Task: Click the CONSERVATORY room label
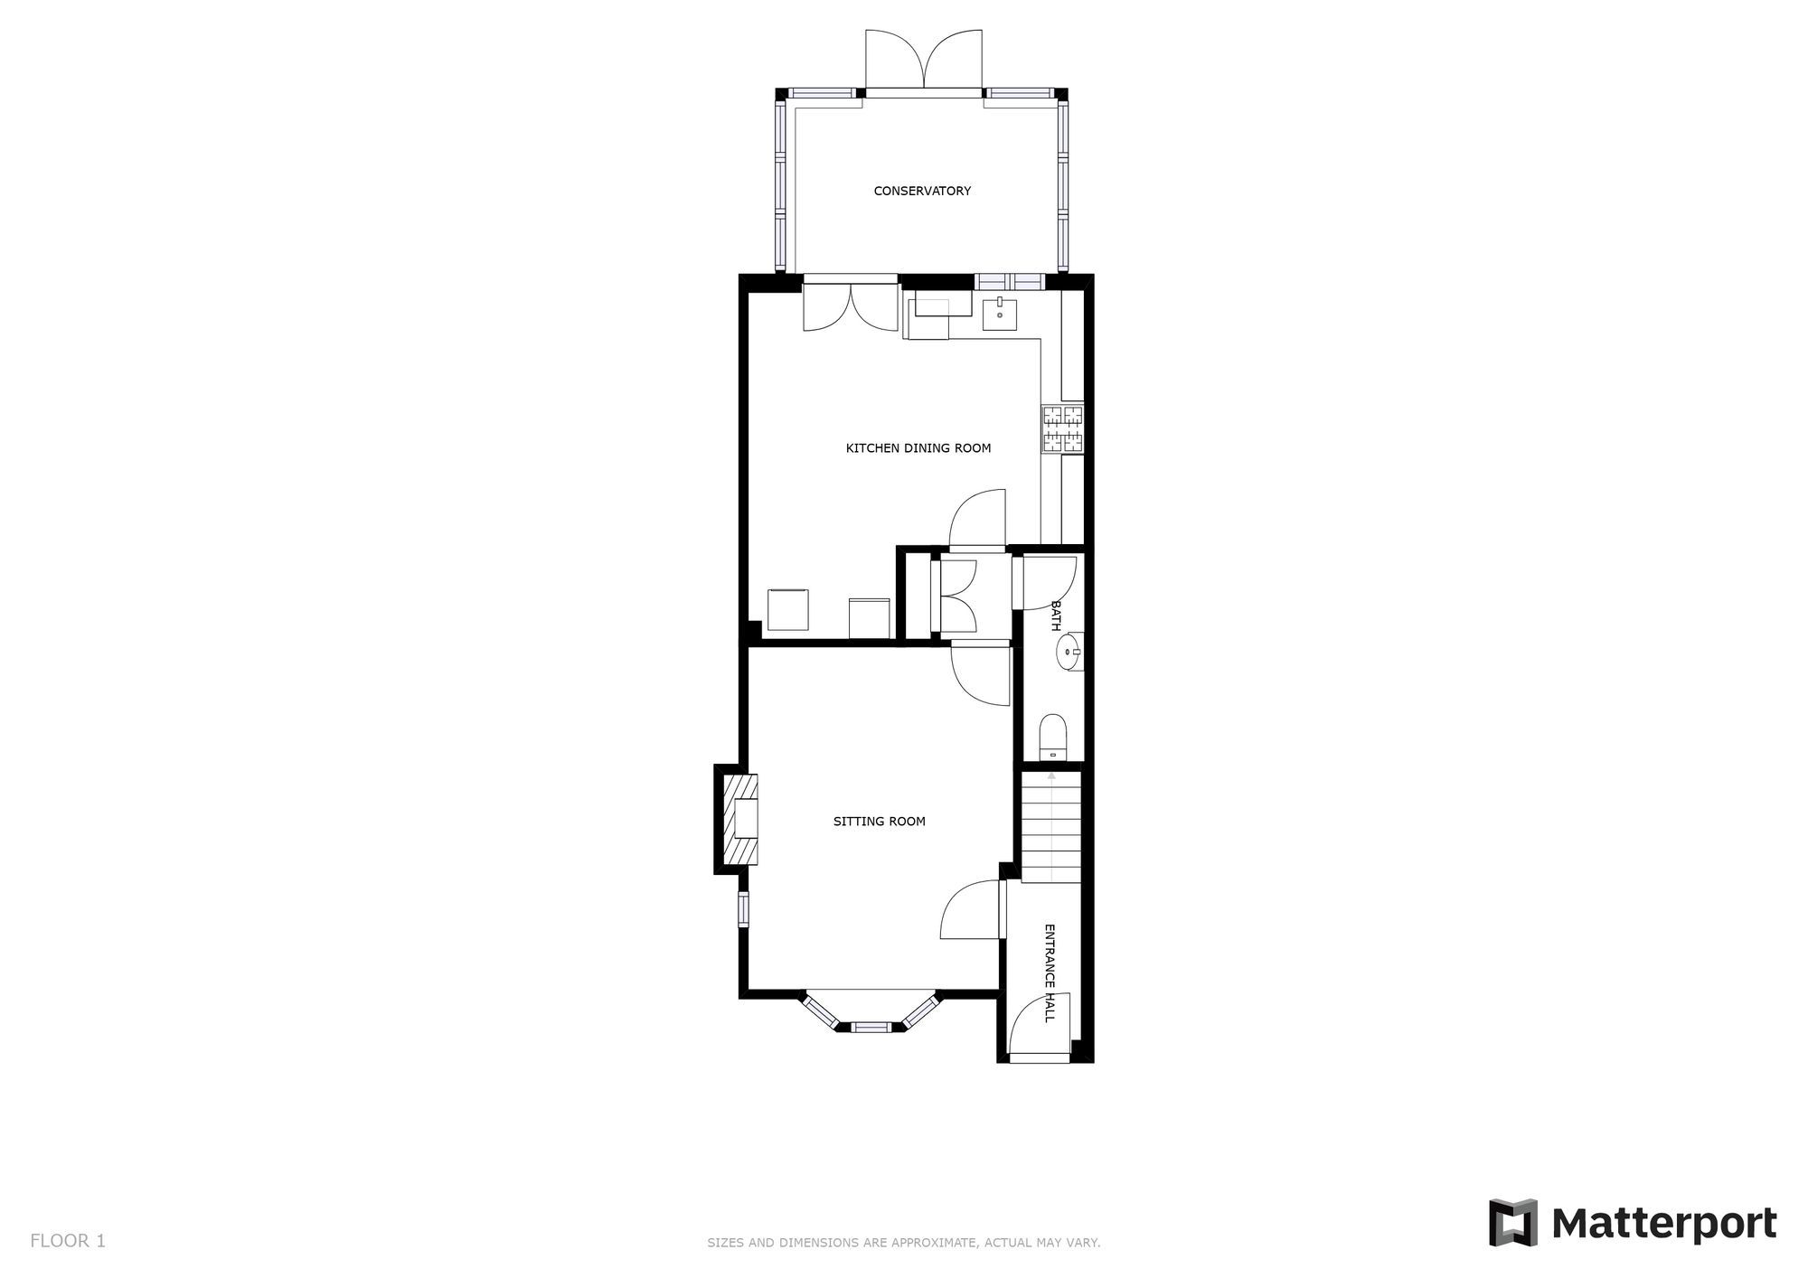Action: (x=922, y=191)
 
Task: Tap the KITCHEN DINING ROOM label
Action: (x=918, y=448)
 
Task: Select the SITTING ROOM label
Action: (x=879, y=822)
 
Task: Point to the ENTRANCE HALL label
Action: (x=1050, y=973)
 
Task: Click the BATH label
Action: (x=1055, y=616)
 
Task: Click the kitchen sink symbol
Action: (x=1000, y=315)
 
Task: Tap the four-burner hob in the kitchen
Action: (x=1063, y=429)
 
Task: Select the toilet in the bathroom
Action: (x=1053, y=737)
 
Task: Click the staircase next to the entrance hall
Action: (x=1051, y=827)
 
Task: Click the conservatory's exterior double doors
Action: (x=923, y=60)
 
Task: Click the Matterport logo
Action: (x=1633, y=1223)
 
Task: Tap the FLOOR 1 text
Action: (x=68, y=1241)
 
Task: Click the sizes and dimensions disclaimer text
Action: (x=903, y=1243)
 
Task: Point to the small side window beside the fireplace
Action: (x=743, y=909)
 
